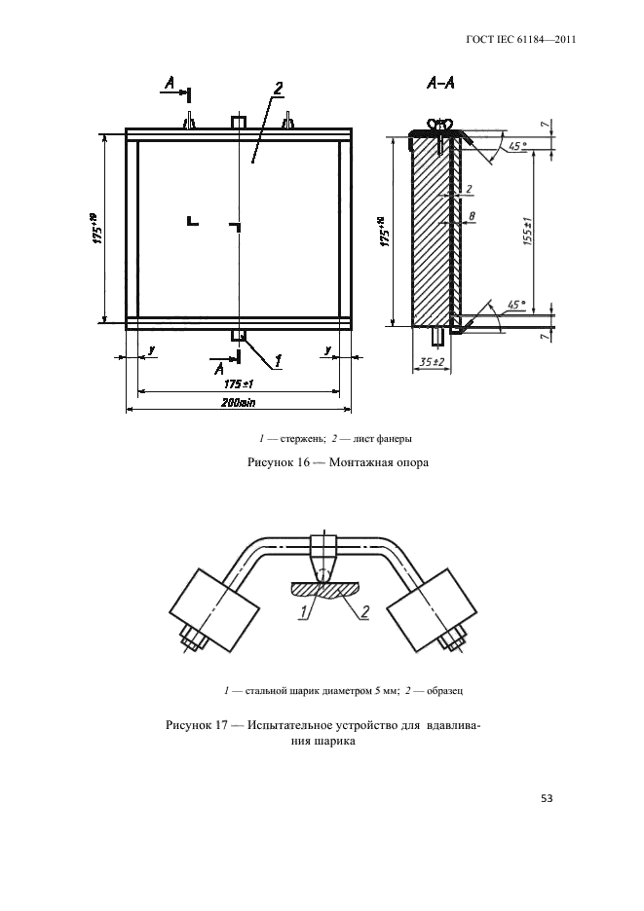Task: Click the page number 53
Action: pyautogui.click(x=547, y=798)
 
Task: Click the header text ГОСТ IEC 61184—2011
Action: pyautogui.click(x=521, y=40)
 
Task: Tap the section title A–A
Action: pyautogui.click(x=440, y=84)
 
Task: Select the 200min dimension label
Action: pyautogui.click(x=238, y=402)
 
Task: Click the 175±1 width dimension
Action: pyautogui.click(x=238, y=384)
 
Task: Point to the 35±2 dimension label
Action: pyautogui.click(x=431, y=362)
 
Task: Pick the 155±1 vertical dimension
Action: pyautogui.click(x=528, y=231)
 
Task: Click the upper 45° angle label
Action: pyautogui.click(x=516, y=146)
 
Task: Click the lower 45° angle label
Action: pyautogui.click(x=516, y=305)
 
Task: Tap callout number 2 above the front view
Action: pyautogui.click(x=278, y=89)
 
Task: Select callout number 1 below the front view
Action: pyautogui.click(x=278, y=361)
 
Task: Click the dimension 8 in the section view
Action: pyautogui.click(x=472, y=216)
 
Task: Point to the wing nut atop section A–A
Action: pyautogui.click(x=441, y=124)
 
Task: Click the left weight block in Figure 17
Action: pyautogui.click(x=213, y=610)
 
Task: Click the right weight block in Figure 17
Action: pyautogui.click(x=433, y=610)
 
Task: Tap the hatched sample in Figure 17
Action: pyautogui.click(x=324, y=590)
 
